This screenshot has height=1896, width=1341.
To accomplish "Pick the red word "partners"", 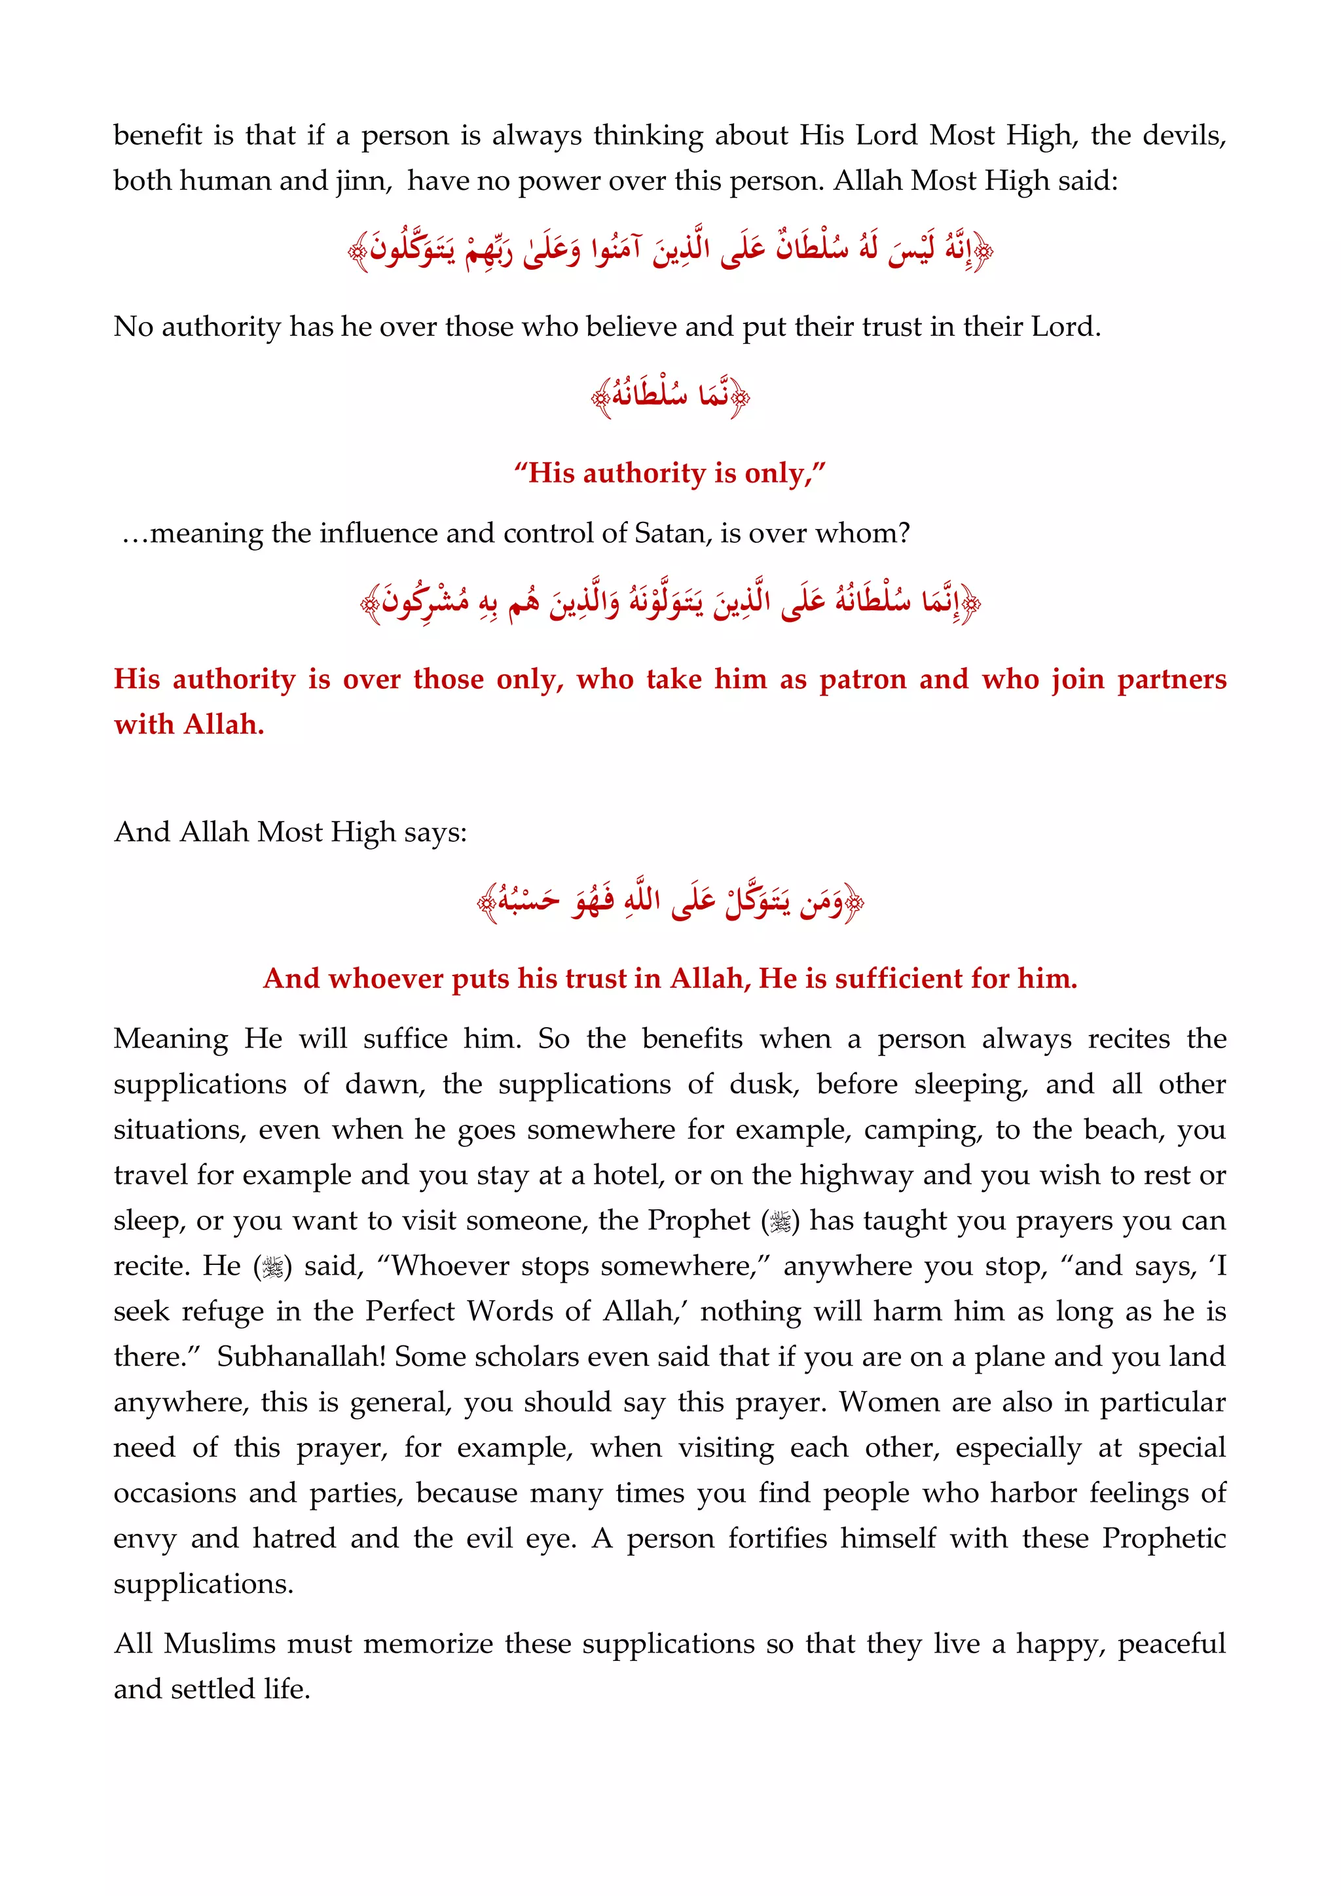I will point(1171,679).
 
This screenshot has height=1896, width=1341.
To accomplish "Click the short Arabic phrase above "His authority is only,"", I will point(670,396).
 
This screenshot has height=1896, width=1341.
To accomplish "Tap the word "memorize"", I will point(429,1644).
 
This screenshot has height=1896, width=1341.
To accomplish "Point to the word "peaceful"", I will point(1171,1644).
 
